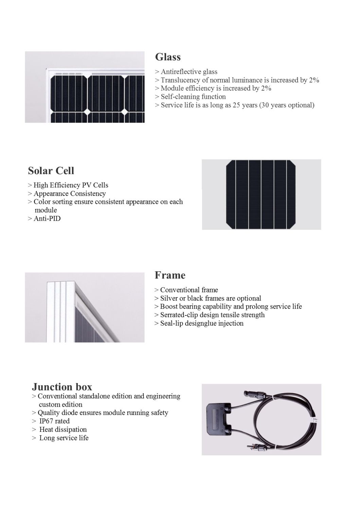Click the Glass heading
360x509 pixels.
(168, 57)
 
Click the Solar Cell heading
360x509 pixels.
(51, 170)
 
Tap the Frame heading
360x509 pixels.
(170, 275)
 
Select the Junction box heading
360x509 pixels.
(62, 387)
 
